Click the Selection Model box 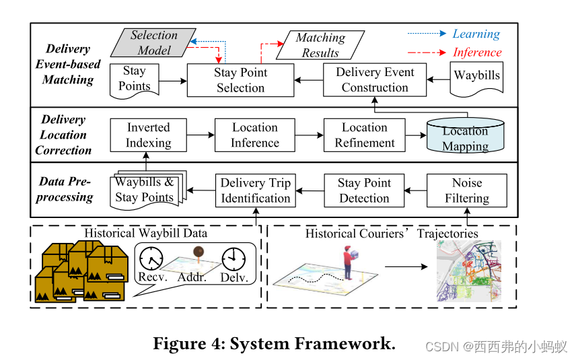click(x=154, y=42)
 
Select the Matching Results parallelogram click(x=320, y=46)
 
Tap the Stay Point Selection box click(x=240, y=80)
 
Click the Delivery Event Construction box click(x=374, y=80)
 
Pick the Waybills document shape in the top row click(x=476, y=77)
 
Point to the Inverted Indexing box click(x=149, y=135)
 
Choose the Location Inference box click(x=255, y=135)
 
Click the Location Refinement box click(x=364, y=135)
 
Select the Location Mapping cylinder click(x=465, y=137)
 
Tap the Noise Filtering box click(x=467, y=190)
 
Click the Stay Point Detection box click(x=364, y=190)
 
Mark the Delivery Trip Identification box click(x=256, y=190)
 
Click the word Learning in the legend click(x=476, y=34)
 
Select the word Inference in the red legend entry click(x=477, y=52)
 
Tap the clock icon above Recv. click(x=152, y=258)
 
